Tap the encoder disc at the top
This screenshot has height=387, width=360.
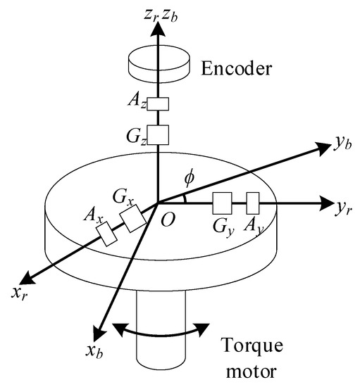coord(158,62)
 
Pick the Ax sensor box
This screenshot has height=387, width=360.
coord(107,234)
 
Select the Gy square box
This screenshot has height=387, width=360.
coord(223,203)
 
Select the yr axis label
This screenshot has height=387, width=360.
coord(342,207)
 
